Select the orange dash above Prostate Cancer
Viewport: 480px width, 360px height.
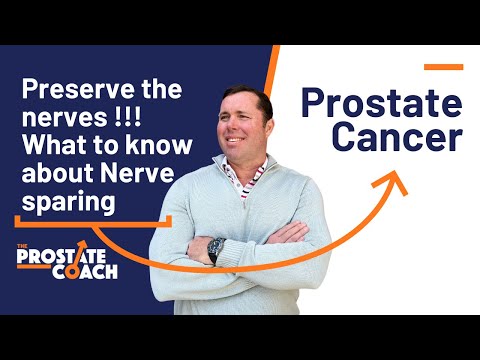pos(443,68)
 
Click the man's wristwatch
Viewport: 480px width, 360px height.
pos(216,246)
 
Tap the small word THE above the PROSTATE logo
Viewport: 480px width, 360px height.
pos(24,245)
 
